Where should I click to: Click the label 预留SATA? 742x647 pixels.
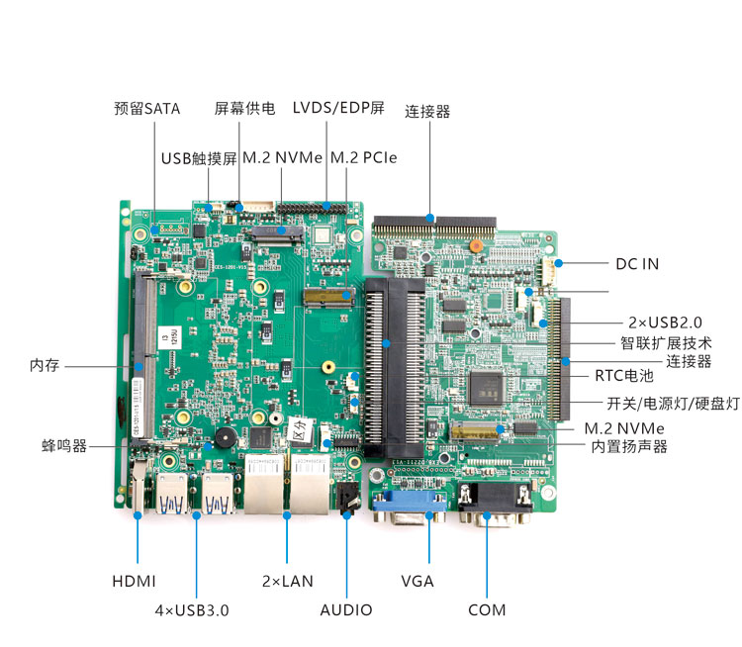(147, 108)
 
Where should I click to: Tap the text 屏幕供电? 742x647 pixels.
(244, 108)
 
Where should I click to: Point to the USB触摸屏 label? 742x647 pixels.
(199, 158)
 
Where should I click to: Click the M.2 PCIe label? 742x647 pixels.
(364, 158)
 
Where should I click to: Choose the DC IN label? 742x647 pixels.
(637, 264)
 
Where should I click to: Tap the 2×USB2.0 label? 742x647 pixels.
(665, 323)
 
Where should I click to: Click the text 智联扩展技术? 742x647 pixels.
(666, 343)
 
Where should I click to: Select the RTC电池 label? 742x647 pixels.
(624, 376)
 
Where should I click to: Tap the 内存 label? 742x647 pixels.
(45, 366)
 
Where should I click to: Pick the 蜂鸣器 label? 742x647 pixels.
(65, 446)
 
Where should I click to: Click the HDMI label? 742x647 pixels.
(135, 581)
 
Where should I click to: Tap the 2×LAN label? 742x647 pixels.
(287, 581)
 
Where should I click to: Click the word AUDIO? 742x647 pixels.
(346, 609)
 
